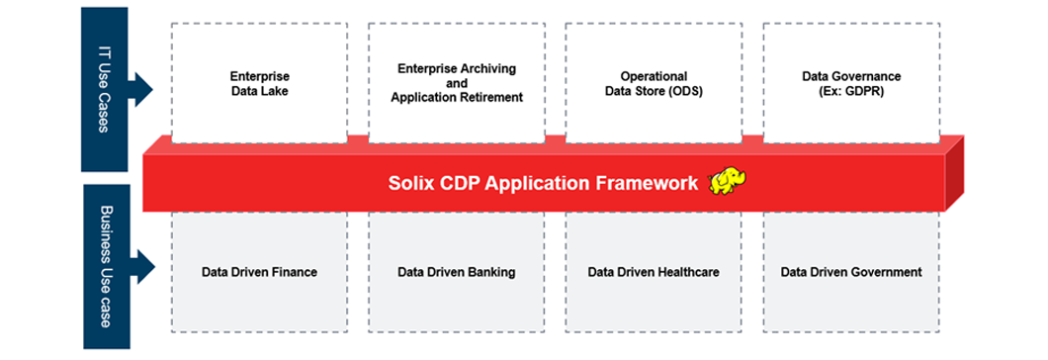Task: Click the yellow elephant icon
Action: [728, 181]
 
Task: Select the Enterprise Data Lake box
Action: [259, 83]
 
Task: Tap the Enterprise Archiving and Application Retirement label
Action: [457, 83]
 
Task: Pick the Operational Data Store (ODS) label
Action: [655, 83]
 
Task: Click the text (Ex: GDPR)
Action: [851, 91]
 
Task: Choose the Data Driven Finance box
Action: [259, 272]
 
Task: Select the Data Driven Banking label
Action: [457, 272]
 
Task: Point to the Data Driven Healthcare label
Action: [654, 272]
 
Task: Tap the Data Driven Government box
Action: [851, 272]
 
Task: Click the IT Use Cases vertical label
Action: [104, 89]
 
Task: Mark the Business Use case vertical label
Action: [104, 266]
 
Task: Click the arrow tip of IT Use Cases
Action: [153, 89]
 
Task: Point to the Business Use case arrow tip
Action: [155, 267]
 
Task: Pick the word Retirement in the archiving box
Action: [490, 98]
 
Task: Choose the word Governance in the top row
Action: [870, 76]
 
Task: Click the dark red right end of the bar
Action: [954, 173]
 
